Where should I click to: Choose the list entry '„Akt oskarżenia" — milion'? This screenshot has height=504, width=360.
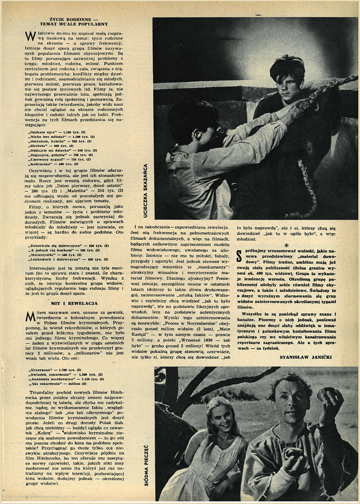pos(55,384)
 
